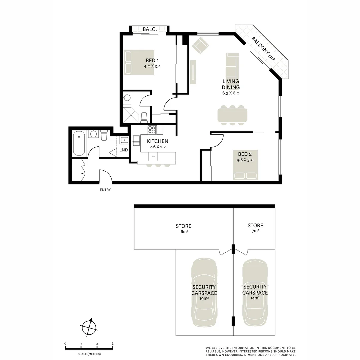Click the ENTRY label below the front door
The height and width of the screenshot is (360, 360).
point(105,190)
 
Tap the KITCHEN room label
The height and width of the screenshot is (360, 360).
point(157,141)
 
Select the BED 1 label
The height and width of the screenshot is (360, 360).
point(152,60)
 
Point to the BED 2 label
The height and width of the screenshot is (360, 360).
point(245,154)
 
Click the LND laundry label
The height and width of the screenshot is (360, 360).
point(124,150)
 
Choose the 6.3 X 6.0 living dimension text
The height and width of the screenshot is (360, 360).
point(231,93)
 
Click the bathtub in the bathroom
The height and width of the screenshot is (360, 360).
point(79,143)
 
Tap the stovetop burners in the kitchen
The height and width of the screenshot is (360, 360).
point(152,130)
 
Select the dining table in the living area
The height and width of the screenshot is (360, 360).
point(232,115)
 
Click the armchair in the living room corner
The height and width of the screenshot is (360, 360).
point(200,46)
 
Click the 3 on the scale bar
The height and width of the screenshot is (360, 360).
point(113,344)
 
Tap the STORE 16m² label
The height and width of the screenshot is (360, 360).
point(183,229)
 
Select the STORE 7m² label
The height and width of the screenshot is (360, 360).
point(255,228)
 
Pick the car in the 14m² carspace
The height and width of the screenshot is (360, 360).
point(255,293)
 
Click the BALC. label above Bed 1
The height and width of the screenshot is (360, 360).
point(150,29)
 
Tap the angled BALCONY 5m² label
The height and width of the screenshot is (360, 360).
point(263,48)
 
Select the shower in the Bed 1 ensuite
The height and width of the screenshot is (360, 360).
point(131,115)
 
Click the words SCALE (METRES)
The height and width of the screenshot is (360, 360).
point(89,354)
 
